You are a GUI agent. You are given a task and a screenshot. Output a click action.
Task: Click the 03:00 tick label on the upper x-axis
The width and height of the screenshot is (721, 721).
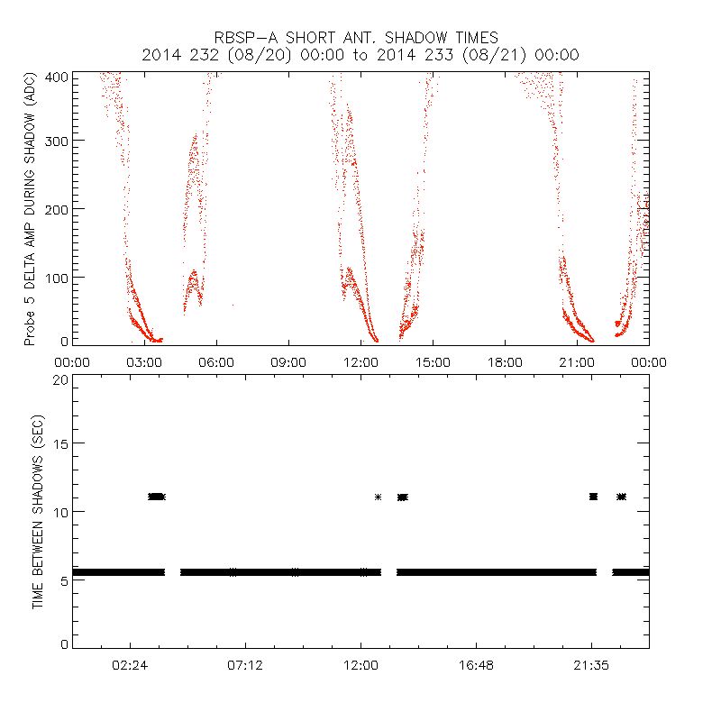pyautogui.click(x=144, y=361)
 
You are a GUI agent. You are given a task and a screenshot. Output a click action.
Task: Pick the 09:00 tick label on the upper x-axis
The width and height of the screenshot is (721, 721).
pyautogui.click(x=288, y=361)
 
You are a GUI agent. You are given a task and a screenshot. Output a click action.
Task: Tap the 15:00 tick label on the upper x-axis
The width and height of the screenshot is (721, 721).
pyautogui.click(x=433, y=361)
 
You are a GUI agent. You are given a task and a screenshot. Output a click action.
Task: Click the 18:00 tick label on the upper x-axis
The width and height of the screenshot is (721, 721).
pyautogui.click(x=505, y=361)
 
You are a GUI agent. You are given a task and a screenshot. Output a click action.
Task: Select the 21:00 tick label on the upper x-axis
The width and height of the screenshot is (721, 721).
pyautogui.click(x=577, y=361)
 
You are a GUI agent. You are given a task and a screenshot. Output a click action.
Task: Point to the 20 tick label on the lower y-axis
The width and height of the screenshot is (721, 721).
pyautogui.click(x=59, y=379)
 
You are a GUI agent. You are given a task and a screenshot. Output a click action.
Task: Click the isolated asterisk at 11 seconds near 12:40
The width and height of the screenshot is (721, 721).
pyautogui.click(x=378, y=497)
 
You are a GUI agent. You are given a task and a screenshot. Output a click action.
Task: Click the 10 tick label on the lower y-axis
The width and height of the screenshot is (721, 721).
pyautogui.click(x=59, y=511)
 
